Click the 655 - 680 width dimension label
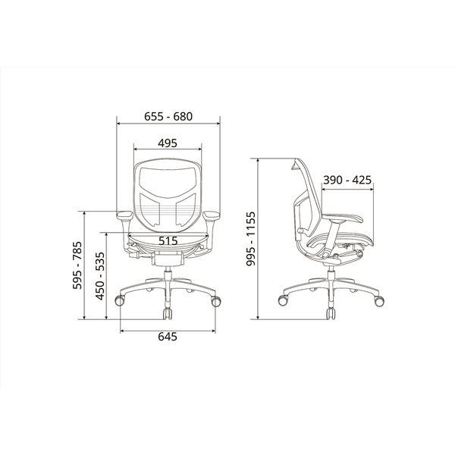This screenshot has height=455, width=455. tap(168, 117)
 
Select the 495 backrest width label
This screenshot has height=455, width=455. tap(168, 143)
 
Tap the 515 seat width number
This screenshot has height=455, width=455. tap(168, 241)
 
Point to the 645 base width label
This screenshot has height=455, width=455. tap(168, 337)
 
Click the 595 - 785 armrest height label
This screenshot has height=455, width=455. tap(77, 265)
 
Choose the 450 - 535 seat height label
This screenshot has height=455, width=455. tap(100, 276)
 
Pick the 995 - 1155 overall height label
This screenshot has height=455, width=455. tap(250, 239)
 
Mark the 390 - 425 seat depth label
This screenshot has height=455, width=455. tap(347, 180)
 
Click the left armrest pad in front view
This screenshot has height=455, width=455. tap(125, 215)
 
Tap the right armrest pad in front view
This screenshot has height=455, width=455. tap(212, 215)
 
